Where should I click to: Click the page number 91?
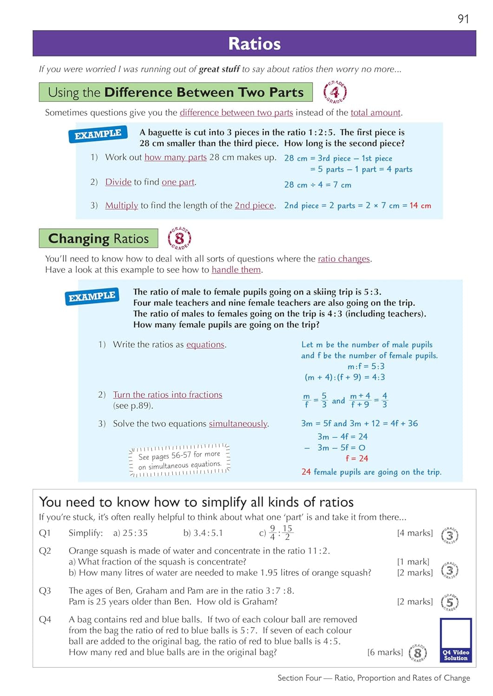point(463,19)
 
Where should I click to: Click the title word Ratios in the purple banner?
point(254,44)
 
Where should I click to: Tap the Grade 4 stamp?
point(335,92)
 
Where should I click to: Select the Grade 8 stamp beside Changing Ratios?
point(179,238)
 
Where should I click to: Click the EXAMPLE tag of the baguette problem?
point(98,134)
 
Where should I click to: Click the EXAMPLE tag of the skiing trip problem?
point(92,296)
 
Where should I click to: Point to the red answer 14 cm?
point(420,206)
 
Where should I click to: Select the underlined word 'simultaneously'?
point(238,424)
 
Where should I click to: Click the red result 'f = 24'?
point(356,458)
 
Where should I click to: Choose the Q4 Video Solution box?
point(456,640)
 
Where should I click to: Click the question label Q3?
point(45,591)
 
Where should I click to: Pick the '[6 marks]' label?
point(385,652)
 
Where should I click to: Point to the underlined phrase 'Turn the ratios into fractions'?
point(167,395)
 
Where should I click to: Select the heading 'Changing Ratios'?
point(99,238)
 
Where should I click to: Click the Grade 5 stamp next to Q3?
point(449,602)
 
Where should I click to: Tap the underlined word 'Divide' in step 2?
point(118,182)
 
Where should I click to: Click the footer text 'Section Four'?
point(299,678)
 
